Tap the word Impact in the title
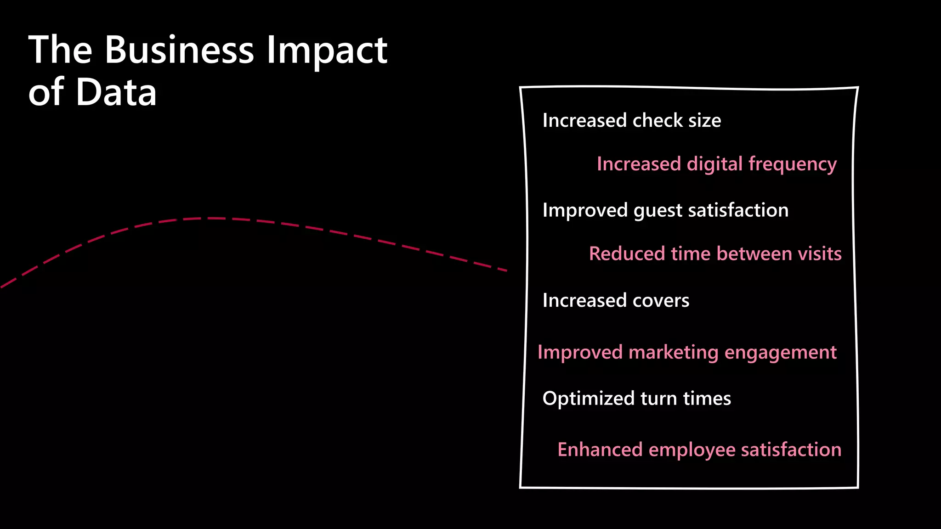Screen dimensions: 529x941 [327, 51]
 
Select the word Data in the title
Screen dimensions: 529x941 [116, 92]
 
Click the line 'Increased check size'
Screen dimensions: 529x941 [631, 120]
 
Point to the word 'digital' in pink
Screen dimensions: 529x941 [714, 164]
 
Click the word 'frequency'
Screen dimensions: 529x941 [793, 164]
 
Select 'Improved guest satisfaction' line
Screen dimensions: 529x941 [665, 210]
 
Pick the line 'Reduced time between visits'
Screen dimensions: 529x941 [715, 254]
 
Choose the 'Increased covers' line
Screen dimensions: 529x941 [616, 300]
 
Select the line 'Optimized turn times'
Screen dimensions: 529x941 [636, 398]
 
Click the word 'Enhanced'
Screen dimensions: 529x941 [600, 450]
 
